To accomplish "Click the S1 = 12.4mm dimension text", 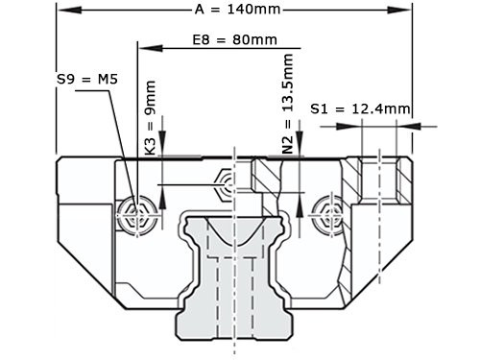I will coord(361,108).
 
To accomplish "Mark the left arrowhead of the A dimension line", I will coord(63,11).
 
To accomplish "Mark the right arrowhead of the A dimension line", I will coord(406,11).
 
